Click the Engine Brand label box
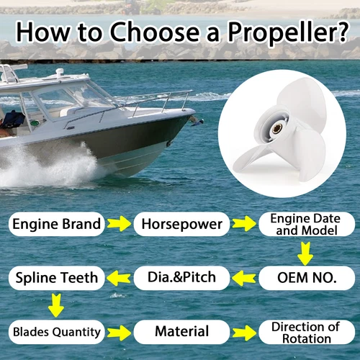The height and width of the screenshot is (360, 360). (56, 224)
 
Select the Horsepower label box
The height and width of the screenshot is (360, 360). (180, 224)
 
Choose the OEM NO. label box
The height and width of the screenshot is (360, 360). (306, 276)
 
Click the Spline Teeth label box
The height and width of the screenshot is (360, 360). (56, 276)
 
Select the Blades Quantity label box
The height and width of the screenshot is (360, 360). (56, 332)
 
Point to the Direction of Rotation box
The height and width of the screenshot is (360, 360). (306, 332)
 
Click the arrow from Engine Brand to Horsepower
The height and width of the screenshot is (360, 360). (119, 225)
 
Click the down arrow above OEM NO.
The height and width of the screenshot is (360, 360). (306, 252)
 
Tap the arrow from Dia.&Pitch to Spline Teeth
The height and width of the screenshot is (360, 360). (118, 276)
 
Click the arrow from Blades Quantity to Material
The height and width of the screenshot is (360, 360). (119, 333)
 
